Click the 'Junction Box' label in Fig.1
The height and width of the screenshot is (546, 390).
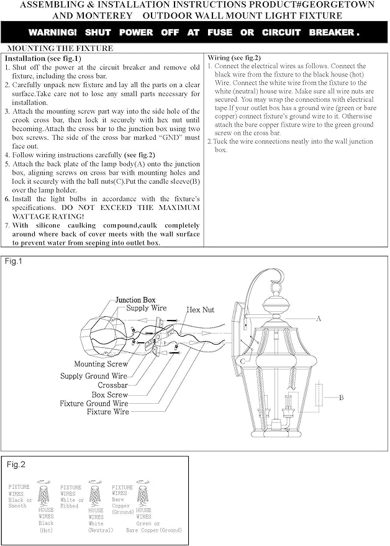(135, 300)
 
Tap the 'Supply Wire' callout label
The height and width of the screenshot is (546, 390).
(147, 308)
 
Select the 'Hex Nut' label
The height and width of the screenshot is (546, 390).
(200, 309)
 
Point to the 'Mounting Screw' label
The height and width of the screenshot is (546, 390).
(101, 364)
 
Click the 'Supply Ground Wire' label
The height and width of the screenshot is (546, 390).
(94, 376)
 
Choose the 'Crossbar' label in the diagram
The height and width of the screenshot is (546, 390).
(113, 385)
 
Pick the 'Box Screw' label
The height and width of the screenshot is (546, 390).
(110, 394)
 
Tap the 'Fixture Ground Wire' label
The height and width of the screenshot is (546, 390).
(94, 403)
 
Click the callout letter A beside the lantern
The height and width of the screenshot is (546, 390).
(319, 318)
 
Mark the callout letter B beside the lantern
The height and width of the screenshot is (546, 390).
(340, 396)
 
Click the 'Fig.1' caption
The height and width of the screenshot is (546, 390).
(14, 262)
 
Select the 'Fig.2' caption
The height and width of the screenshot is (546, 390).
(16, 465)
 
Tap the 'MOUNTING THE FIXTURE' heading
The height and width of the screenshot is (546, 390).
(60, 48)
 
